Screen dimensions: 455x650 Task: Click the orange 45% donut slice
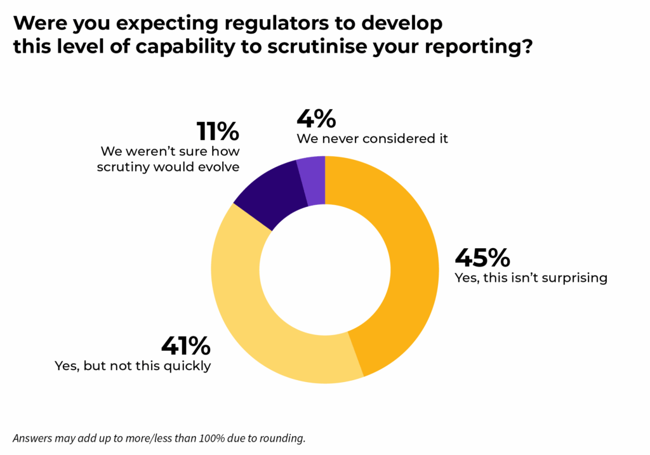coord(406,267)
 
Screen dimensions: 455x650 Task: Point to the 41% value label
coord(185,346)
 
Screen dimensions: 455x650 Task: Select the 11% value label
coord(217,131)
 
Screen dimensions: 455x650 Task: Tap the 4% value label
coord(316,119)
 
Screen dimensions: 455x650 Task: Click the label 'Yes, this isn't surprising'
coord(531,278)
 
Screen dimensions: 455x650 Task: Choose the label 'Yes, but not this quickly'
coord(133,366)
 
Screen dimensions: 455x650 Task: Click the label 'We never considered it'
coord(373,138)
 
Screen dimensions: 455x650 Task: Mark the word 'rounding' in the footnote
coord(289,439)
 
